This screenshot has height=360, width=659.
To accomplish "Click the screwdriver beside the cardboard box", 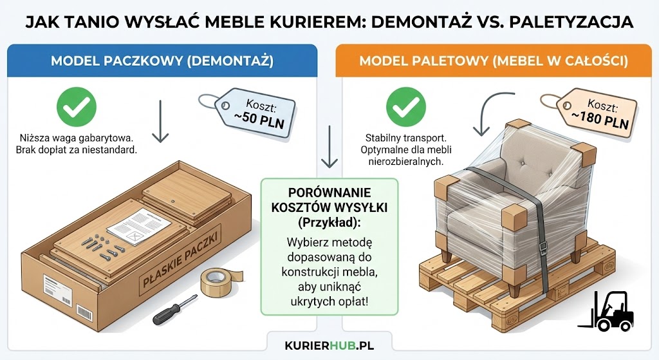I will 174,310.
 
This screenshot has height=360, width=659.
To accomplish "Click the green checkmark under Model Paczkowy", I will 77,107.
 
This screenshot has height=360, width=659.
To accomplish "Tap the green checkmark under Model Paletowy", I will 405,107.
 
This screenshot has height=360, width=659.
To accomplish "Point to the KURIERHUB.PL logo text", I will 329,345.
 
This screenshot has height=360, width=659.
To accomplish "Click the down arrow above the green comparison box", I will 329,147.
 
